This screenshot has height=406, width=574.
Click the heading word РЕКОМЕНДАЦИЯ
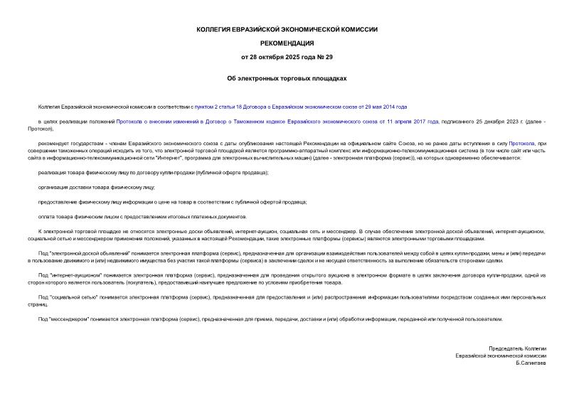(x=287, y=43)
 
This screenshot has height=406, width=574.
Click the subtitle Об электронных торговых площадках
(x=287, y=79)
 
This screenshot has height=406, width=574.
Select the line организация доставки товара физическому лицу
(x=97, y=187)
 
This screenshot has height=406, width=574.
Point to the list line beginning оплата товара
(x=142, y=216)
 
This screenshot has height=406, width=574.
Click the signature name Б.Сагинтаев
(x=532, y=363)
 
